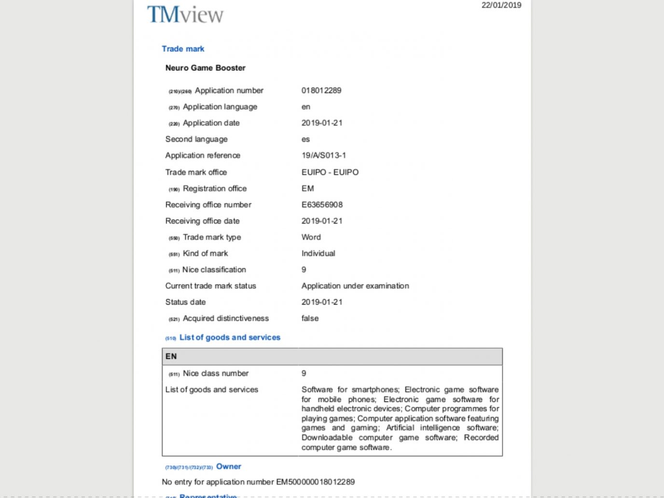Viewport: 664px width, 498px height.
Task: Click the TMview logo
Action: coord(185,14)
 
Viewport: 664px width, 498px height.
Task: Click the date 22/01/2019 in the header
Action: coord(501,5)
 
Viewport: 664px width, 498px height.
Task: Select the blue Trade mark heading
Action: coord(183,49)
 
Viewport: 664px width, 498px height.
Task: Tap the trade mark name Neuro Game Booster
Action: coord(205,68)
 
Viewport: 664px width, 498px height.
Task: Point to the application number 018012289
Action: coord(321,91)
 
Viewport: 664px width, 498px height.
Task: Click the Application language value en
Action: coord(306,107)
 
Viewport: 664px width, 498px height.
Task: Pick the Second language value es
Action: coord(305,139)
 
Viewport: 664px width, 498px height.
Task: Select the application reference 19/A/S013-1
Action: coord(323,155)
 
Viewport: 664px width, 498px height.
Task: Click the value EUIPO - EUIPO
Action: coord(330,172)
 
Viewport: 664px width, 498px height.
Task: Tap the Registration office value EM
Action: coord(307,189)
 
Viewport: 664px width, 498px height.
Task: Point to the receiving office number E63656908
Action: coord(322,205)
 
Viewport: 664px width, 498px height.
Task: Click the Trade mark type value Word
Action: coord(311,237)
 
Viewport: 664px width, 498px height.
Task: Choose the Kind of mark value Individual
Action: coord(318,253)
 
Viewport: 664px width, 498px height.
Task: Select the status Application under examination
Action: coord(355,286)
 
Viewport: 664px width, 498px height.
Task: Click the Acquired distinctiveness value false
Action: coord(310,318)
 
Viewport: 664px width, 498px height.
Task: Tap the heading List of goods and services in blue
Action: coord(230,337)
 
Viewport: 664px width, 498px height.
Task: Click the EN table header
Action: coord(171,357)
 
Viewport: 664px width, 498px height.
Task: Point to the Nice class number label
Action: coord(215,373)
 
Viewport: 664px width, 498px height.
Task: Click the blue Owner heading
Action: coord(228,467)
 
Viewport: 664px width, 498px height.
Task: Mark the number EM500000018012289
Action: coord(315,482)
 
